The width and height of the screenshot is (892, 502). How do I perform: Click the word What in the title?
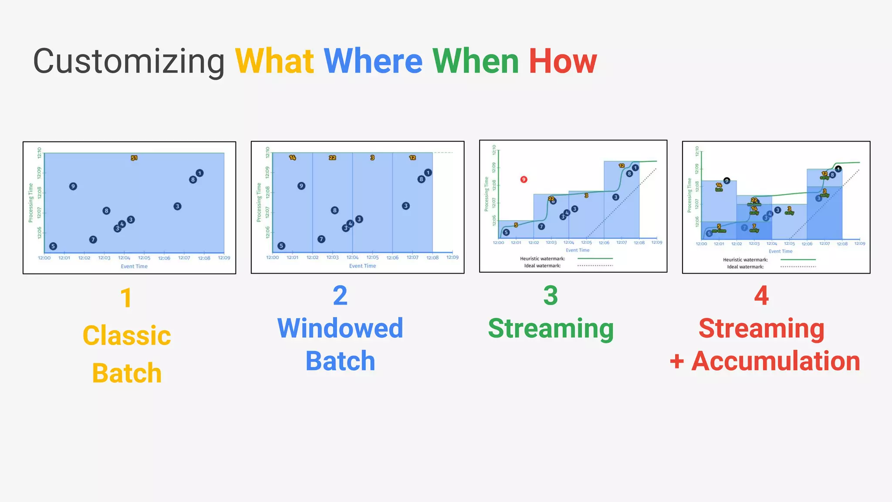coord(274,61)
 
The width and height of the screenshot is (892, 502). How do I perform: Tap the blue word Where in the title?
coord(373,61)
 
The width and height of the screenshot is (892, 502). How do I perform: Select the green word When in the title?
coord(476,61)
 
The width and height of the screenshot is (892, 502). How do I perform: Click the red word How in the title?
coord(563,61)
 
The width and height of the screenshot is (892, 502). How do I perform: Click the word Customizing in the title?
coord(129,61)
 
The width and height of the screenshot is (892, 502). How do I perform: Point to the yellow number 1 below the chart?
coord(126,298)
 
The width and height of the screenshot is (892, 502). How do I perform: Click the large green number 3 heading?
coord(551,296)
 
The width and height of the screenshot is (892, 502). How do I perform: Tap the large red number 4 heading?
coord(761,296)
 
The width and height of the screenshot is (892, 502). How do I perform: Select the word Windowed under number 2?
coord(340,328)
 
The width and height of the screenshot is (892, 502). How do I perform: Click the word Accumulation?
coord(776,361)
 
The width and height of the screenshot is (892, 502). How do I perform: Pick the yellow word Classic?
coord(127,336)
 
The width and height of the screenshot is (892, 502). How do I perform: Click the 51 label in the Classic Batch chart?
coord(134,158)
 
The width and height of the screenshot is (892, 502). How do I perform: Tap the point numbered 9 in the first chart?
coord(73,187)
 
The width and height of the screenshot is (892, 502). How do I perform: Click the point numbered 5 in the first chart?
coord(53,246)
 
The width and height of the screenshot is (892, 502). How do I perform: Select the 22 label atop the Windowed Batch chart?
coord(332,158)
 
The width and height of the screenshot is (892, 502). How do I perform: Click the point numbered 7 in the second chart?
coord(321,239)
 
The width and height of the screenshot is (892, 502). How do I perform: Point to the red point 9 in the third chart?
coord(524,180)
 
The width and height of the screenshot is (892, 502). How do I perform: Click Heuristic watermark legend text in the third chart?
coord(542,259)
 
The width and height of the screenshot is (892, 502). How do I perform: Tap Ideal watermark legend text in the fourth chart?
coord(745,267)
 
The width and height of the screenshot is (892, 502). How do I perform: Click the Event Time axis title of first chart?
coord(134,266)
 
